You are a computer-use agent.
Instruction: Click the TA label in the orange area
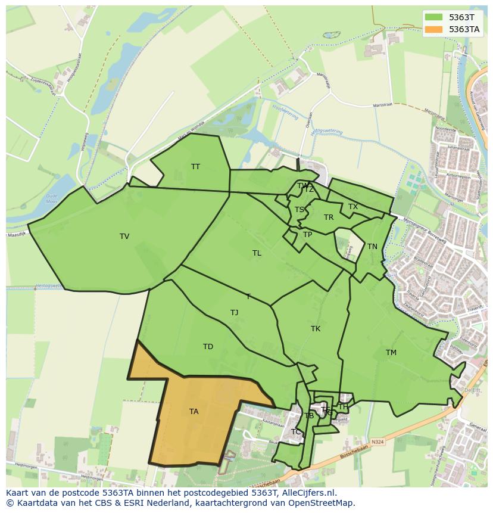point(194,412)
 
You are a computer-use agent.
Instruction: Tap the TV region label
point(124,237)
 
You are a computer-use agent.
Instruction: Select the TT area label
point(195,167)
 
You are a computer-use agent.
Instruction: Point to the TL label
point(257,253)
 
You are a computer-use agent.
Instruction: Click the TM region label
point(391,353)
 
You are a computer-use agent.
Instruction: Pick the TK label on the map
point(316,329)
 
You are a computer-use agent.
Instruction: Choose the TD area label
point(208,347)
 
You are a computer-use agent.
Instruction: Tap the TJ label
point(234,313)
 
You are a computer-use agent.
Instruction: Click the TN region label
point(372,247)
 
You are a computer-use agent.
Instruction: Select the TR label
point(329,217)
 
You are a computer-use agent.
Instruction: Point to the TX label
point(353,207)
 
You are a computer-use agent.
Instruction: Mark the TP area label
point(307,235)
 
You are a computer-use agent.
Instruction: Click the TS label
point(299,210)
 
